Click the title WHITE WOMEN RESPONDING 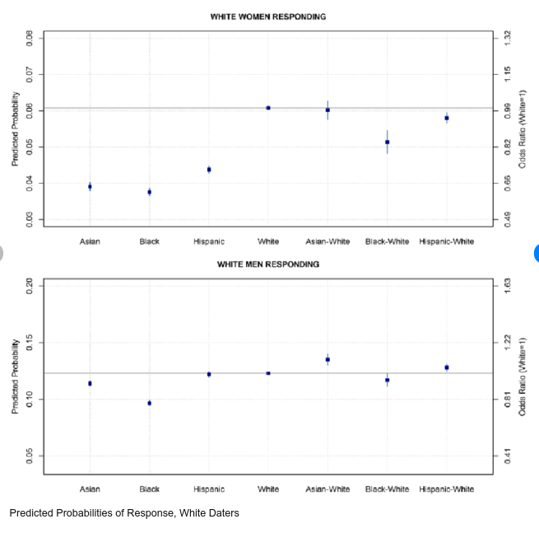tap(267, 16)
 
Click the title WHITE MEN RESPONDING tap(267, 264)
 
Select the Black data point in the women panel tap(149, 192)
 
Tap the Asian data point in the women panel tap(90, 187)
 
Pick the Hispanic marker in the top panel tap(209, 170)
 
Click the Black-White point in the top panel tap(387, 143)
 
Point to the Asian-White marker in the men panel tap(328, 359)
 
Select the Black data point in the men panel tap(149, 403)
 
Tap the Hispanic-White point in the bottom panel tap(447, 367)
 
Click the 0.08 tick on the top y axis tap(29, 38)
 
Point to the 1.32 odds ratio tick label tap(508, 38)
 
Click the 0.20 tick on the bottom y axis tap(29, 285)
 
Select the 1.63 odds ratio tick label tap(508, 285)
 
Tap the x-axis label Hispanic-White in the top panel tap(446, 241)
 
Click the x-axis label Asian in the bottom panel tap(90, 489)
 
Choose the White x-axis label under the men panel tap(268, 489)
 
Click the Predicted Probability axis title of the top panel tap(14, 128)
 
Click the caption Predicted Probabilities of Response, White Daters tap(124, 513)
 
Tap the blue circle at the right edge tap(536, 253)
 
